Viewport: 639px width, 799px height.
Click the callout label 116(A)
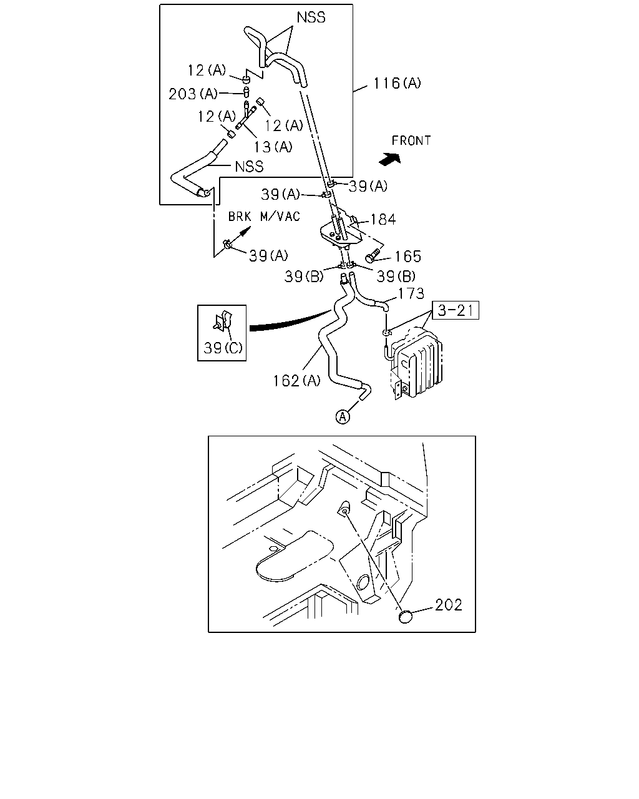click(x=397, y=83)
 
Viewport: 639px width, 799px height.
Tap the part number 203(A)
click(x=193, y=94)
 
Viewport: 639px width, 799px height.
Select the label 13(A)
click(x=273, y=147)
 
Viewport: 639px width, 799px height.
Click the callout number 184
click(x=383, y=219)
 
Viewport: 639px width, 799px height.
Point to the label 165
click(x=407, y=256)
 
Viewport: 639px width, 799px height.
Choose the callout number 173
click(x=411, y=293)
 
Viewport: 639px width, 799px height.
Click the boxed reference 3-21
click(x=456, y=310)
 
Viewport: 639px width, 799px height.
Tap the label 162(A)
click(x=296, y=381)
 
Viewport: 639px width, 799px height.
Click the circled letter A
click(x=343, y=416)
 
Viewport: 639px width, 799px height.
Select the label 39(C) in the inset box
click(x=223, y=348)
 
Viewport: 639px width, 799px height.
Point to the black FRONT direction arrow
click(x=390, y=159)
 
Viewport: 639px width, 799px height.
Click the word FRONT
click(x=411, y=140)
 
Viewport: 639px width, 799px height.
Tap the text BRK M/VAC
click(x=264, y=216)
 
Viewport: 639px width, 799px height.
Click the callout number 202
click(x=449, y=605)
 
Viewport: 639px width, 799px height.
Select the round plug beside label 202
click(x=405, y=617)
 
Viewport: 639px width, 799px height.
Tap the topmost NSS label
click(x=311, y=17)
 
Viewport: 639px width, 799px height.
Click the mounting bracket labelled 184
click(x=341, y=230)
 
